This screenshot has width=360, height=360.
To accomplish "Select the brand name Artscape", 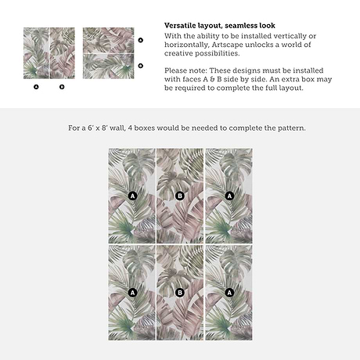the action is (x=228, y=45).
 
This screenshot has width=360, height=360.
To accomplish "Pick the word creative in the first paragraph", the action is (x=178, y=53).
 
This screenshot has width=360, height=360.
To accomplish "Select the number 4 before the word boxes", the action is (x=130, y=128).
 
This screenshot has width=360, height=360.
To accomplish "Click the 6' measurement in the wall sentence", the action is (x=90, y=128).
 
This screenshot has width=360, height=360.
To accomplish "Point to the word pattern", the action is (x=290, y=128).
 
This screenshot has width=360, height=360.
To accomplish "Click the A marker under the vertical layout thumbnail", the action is (x=36, y=87).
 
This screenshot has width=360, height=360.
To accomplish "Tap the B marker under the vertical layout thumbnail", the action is (x=62, y=87).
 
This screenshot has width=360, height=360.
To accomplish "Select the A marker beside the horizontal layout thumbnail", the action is (x=141, y=40).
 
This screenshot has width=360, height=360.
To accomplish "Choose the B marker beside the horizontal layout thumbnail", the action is (x=141, y=66).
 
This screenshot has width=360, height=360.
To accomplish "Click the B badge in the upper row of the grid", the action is (x=180, y=196).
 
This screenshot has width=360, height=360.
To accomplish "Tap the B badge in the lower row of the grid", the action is (x=180, y=293).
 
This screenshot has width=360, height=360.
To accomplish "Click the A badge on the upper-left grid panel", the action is (x=132, y=196).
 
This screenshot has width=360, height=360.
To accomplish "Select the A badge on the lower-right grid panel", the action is (x=229, y=293).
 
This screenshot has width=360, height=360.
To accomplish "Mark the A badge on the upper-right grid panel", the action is (x=229, y=196).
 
